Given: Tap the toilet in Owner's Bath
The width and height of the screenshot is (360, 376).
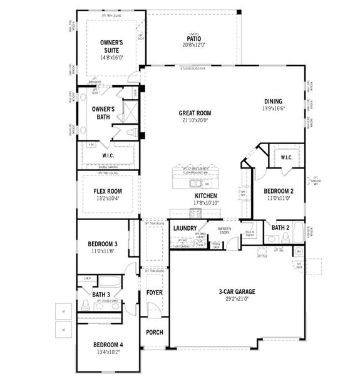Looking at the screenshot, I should tap(131, 133).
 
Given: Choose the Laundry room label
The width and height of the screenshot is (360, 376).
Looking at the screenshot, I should tap(185, 228).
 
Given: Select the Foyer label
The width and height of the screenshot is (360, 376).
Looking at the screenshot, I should tap(154, 293).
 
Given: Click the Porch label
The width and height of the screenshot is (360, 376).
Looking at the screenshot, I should tap(154, 332).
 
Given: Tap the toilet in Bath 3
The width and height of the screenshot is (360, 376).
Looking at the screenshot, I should tap(85, 306).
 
